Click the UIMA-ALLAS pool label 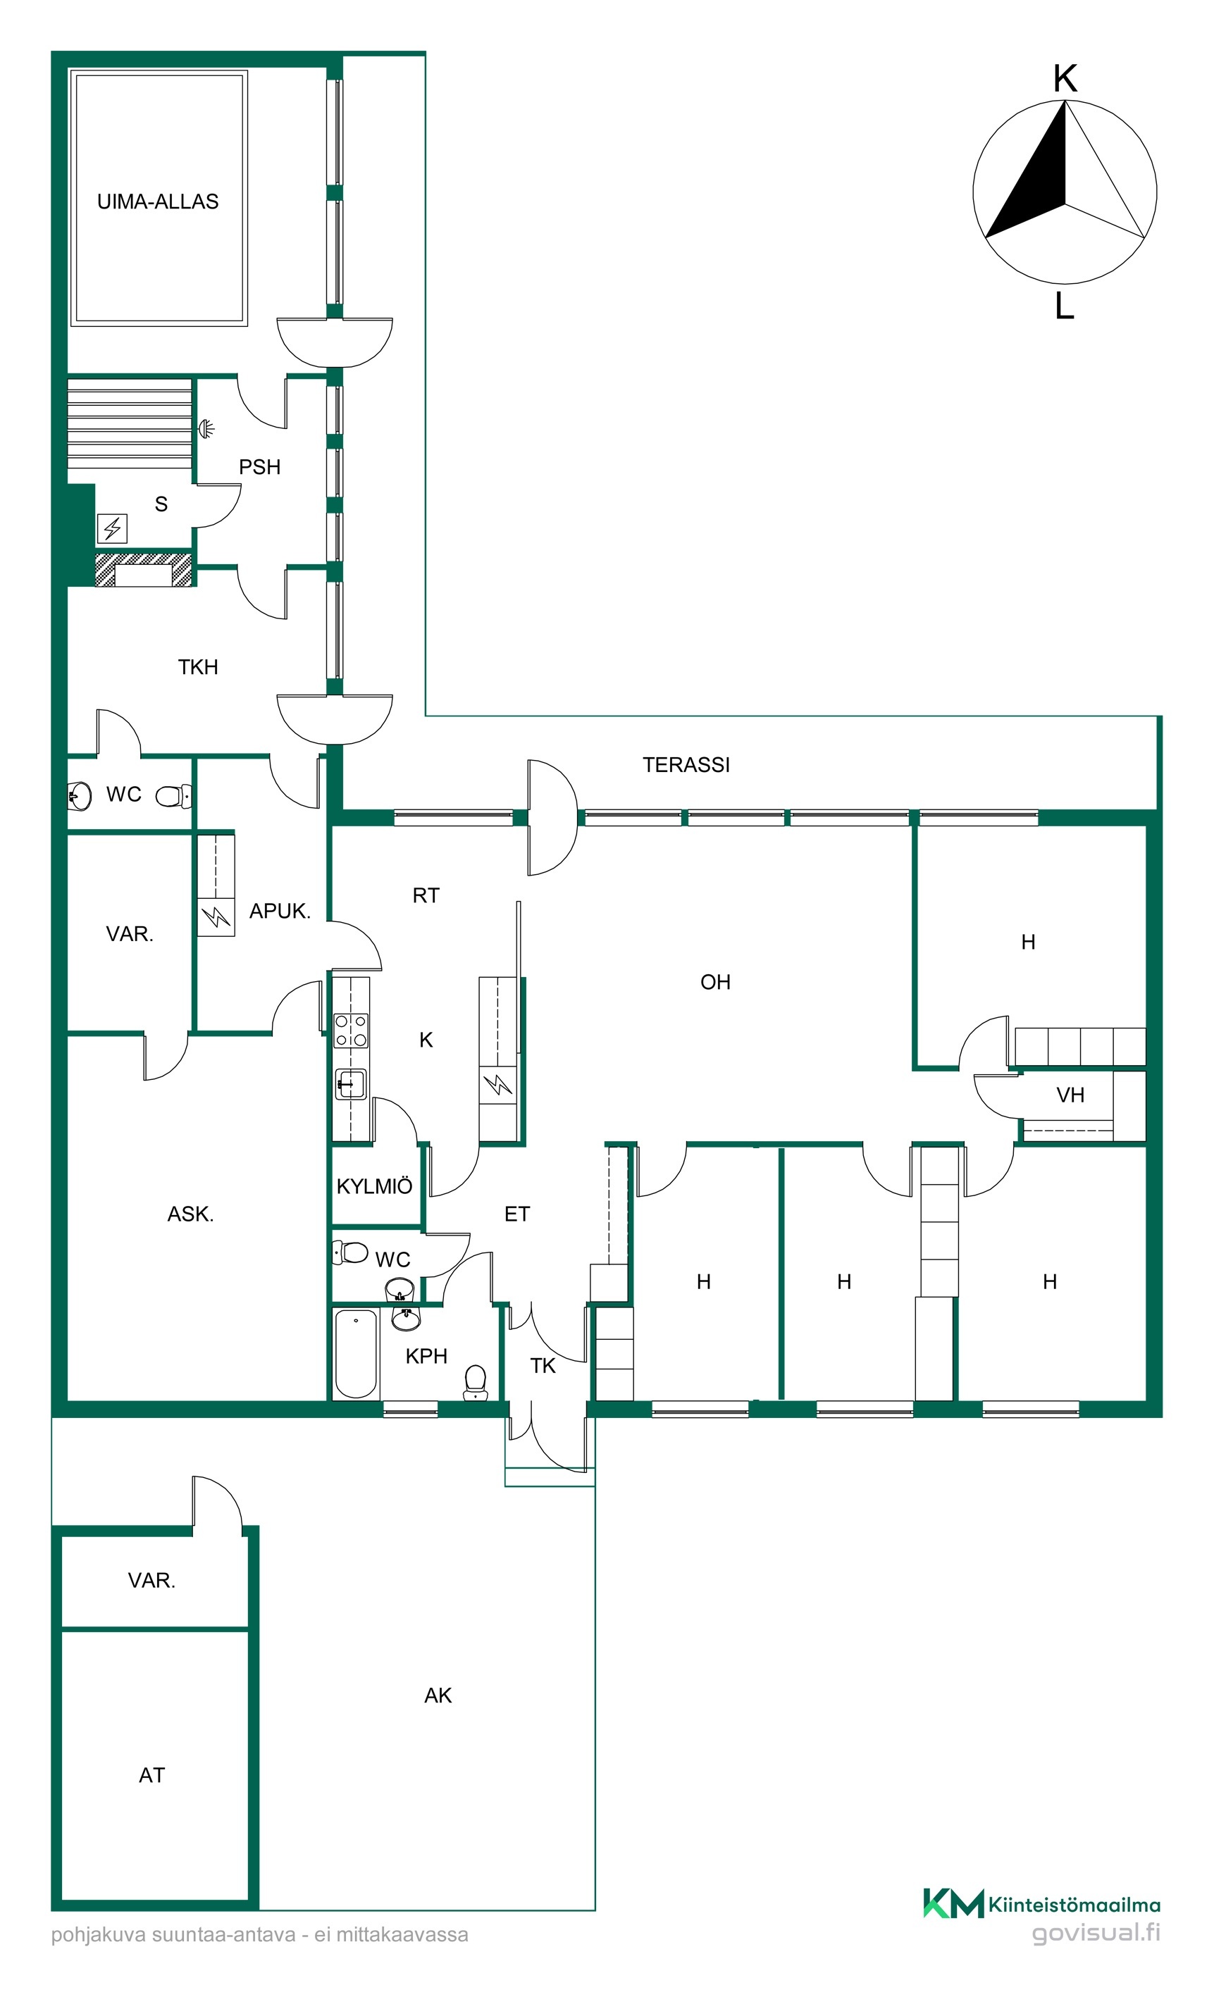(x=158, y=201)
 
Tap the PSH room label (x=259, y=467)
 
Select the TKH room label (x=198, y=667)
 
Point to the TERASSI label (x=686, y=764)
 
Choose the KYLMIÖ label (x=373, y=1186)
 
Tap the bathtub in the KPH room (x=356, y=1352)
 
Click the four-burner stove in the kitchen (x=351, y=1031)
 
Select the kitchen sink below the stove (x=350, y=1083)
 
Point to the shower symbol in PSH (x=206, y=428)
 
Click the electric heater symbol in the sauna (x=113, y=528)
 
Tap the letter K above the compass (x=1065, y=80)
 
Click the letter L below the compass (x=1064, y=306)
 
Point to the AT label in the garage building (x=151, y=1775)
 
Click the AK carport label (x=438, y=1695)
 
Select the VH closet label (x=1070, y=1095)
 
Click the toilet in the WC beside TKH (x=173, y=796)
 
